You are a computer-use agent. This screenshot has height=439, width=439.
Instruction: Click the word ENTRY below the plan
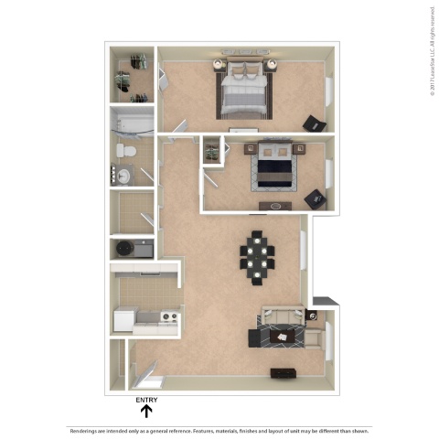(145, 401)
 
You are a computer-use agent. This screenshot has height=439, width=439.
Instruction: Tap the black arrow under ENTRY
(145, 412)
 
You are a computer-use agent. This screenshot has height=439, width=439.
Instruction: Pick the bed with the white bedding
(244, 91)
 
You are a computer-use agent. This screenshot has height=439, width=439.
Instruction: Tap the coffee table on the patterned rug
(285, 337)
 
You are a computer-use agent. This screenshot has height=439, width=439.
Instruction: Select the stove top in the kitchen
(168, 318)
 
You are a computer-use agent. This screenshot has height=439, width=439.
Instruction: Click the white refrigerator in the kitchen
(123, 319)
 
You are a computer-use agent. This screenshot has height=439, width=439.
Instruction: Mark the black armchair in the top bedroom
(314, 123)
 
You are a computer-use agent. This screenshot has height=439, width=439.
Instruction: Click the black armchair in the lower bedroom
(315, 198)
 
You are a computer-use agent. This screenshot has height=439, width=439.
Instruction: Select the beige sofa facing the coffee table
(281, 316)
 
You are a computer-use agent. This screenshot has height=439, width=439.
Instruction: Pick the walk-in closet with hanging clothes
(134, 75)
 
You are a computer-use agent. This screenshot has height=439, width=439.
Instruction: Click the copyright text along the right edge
(428, 50)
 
